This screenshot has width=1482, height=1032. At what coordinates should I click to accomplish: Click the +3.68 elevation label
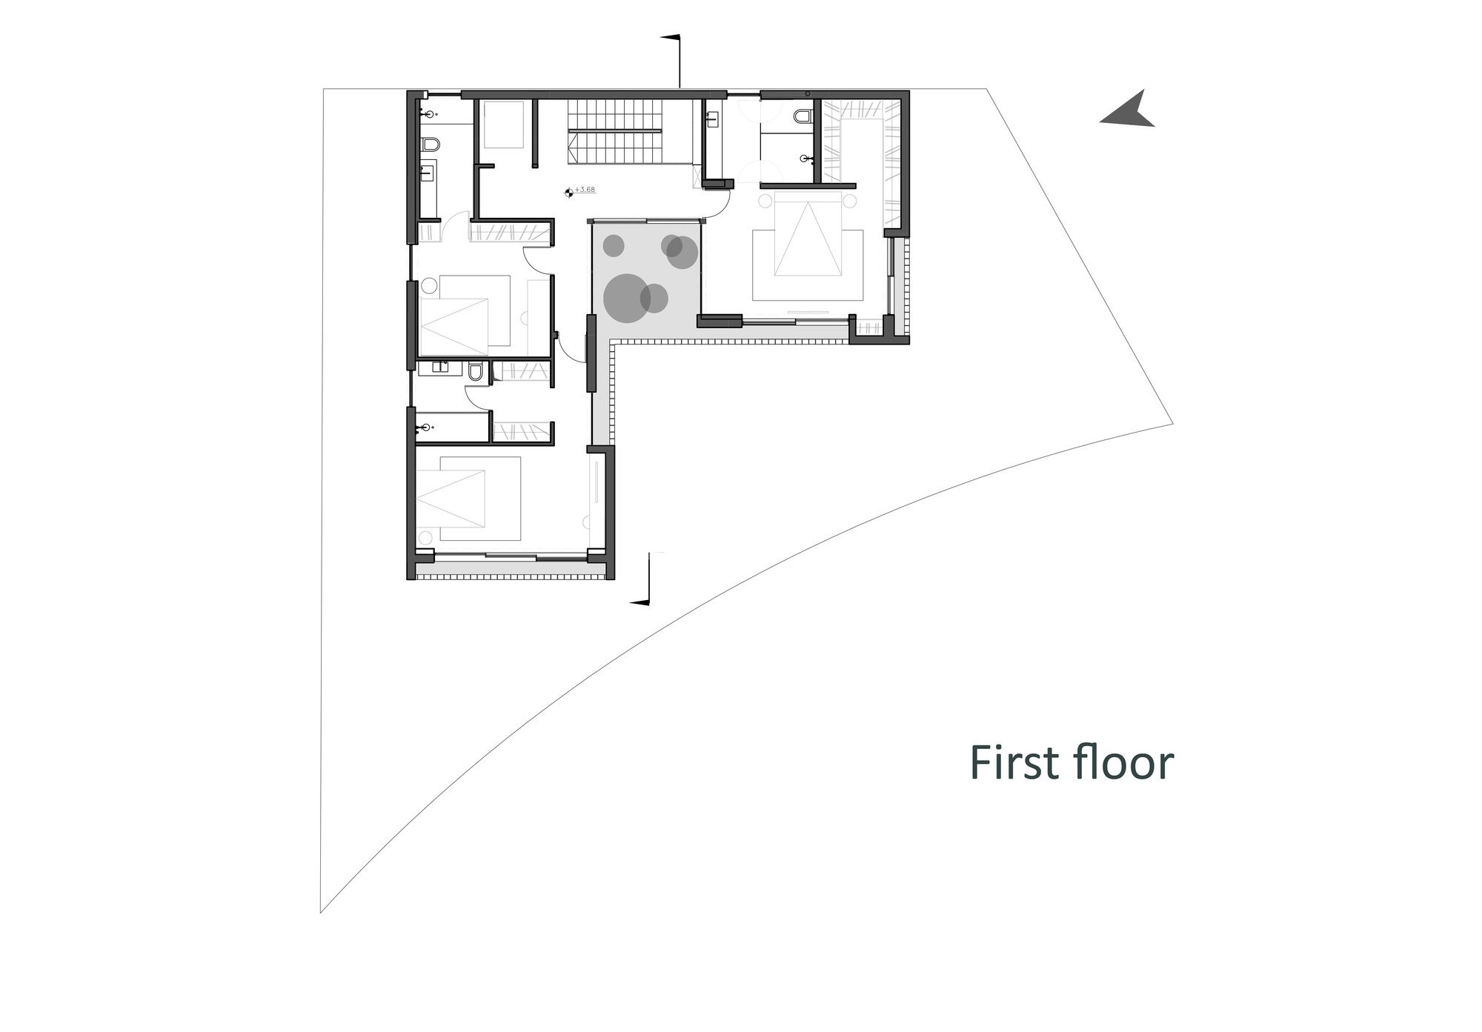(x=585, y=190)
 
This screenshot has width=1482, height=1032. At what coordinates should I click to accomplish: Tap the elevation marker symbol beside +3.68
(x=568, y=192)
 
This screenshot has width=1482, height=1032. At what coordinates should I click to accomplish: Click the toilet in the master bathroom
(x=803, y=116)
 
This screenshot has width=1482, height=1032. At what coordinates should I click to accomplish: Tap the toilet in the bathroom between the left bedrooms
(x=476, y=370)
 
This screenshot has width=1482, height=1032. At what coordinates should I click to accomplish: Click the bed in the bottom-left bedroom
(x=468, y=499)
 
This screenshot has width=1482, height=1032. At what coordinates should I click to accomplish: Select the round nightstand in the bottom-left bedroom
(x=425, y=536)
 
